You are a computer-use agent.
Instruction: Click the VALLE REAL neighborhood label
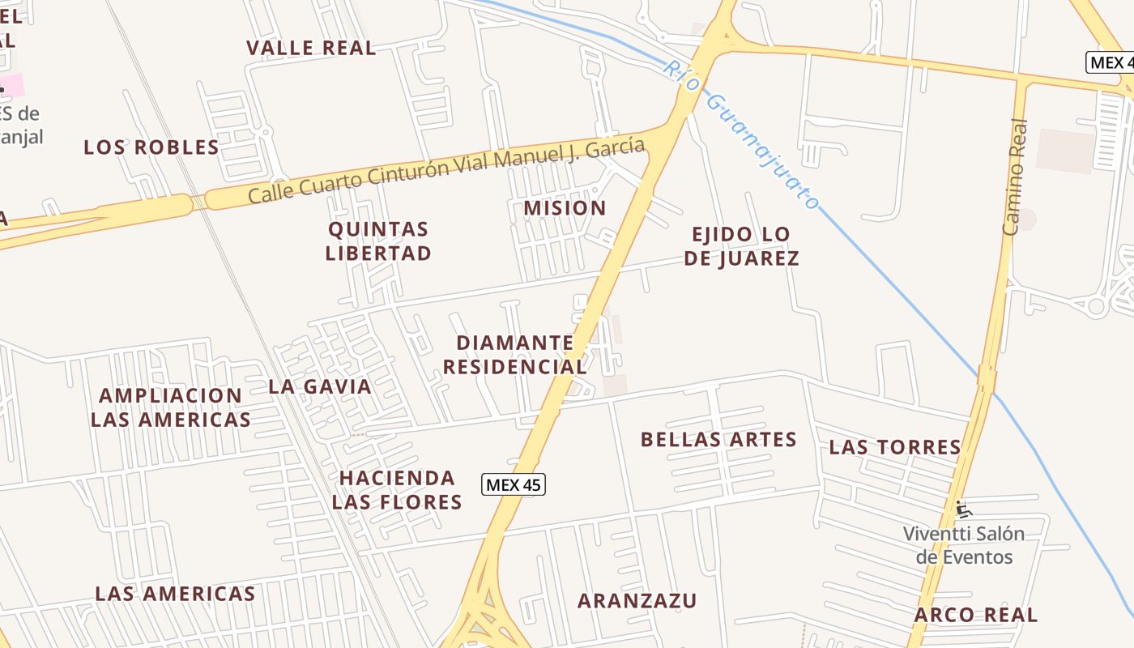coord(311,48)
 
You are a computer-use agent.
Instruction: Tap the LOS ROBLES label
coord(151,147)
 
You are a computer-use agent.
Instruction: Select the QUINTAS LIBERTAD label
coord(378,241)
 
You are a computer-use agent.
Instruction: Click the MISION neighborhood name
coord(565,208)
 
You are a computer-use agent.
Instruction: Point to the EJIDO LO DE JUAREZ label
coord(741,246)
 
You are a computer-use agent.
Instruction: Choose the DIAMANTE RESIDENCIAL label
coord(515,355)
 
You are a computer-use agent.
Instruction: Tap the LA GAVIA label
coord(320,386)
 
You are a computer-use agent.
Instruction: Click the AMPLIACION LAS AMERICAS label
coord(171,407)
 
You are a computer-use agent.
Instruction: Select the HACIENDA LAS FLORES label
coord(397,489)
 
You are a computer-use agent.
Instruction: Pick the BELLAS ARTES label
coord(718,440)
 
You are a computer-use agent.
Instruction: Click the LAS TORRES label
coord(895,447)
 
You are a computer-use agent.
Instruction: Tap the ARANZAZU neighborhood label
coord(637,601)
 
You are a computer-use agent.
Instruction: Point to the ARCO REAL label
coord(975,615)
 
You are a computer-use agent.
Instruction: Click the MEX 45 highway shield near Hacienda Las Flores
coord(514,485)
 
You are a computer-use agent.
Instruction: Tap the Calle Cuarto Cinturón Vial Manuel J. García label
coord(446,171)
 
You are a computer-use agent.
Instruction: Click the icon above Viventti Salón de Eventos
coord(963,509)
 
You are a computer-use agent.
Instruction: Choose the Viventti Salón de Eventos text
coord(964,545)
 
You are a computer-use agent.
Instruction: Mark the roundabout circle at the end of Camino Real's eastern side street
coord(1096,306)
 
